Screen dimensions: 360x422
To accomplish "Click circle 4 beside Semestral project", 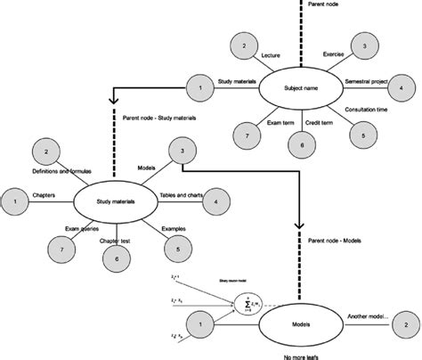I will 401,88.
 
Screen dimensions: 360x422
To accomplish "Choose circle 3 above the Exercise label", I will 362,45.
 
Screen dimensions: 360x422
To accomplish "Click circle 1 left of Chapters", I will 14,201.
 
